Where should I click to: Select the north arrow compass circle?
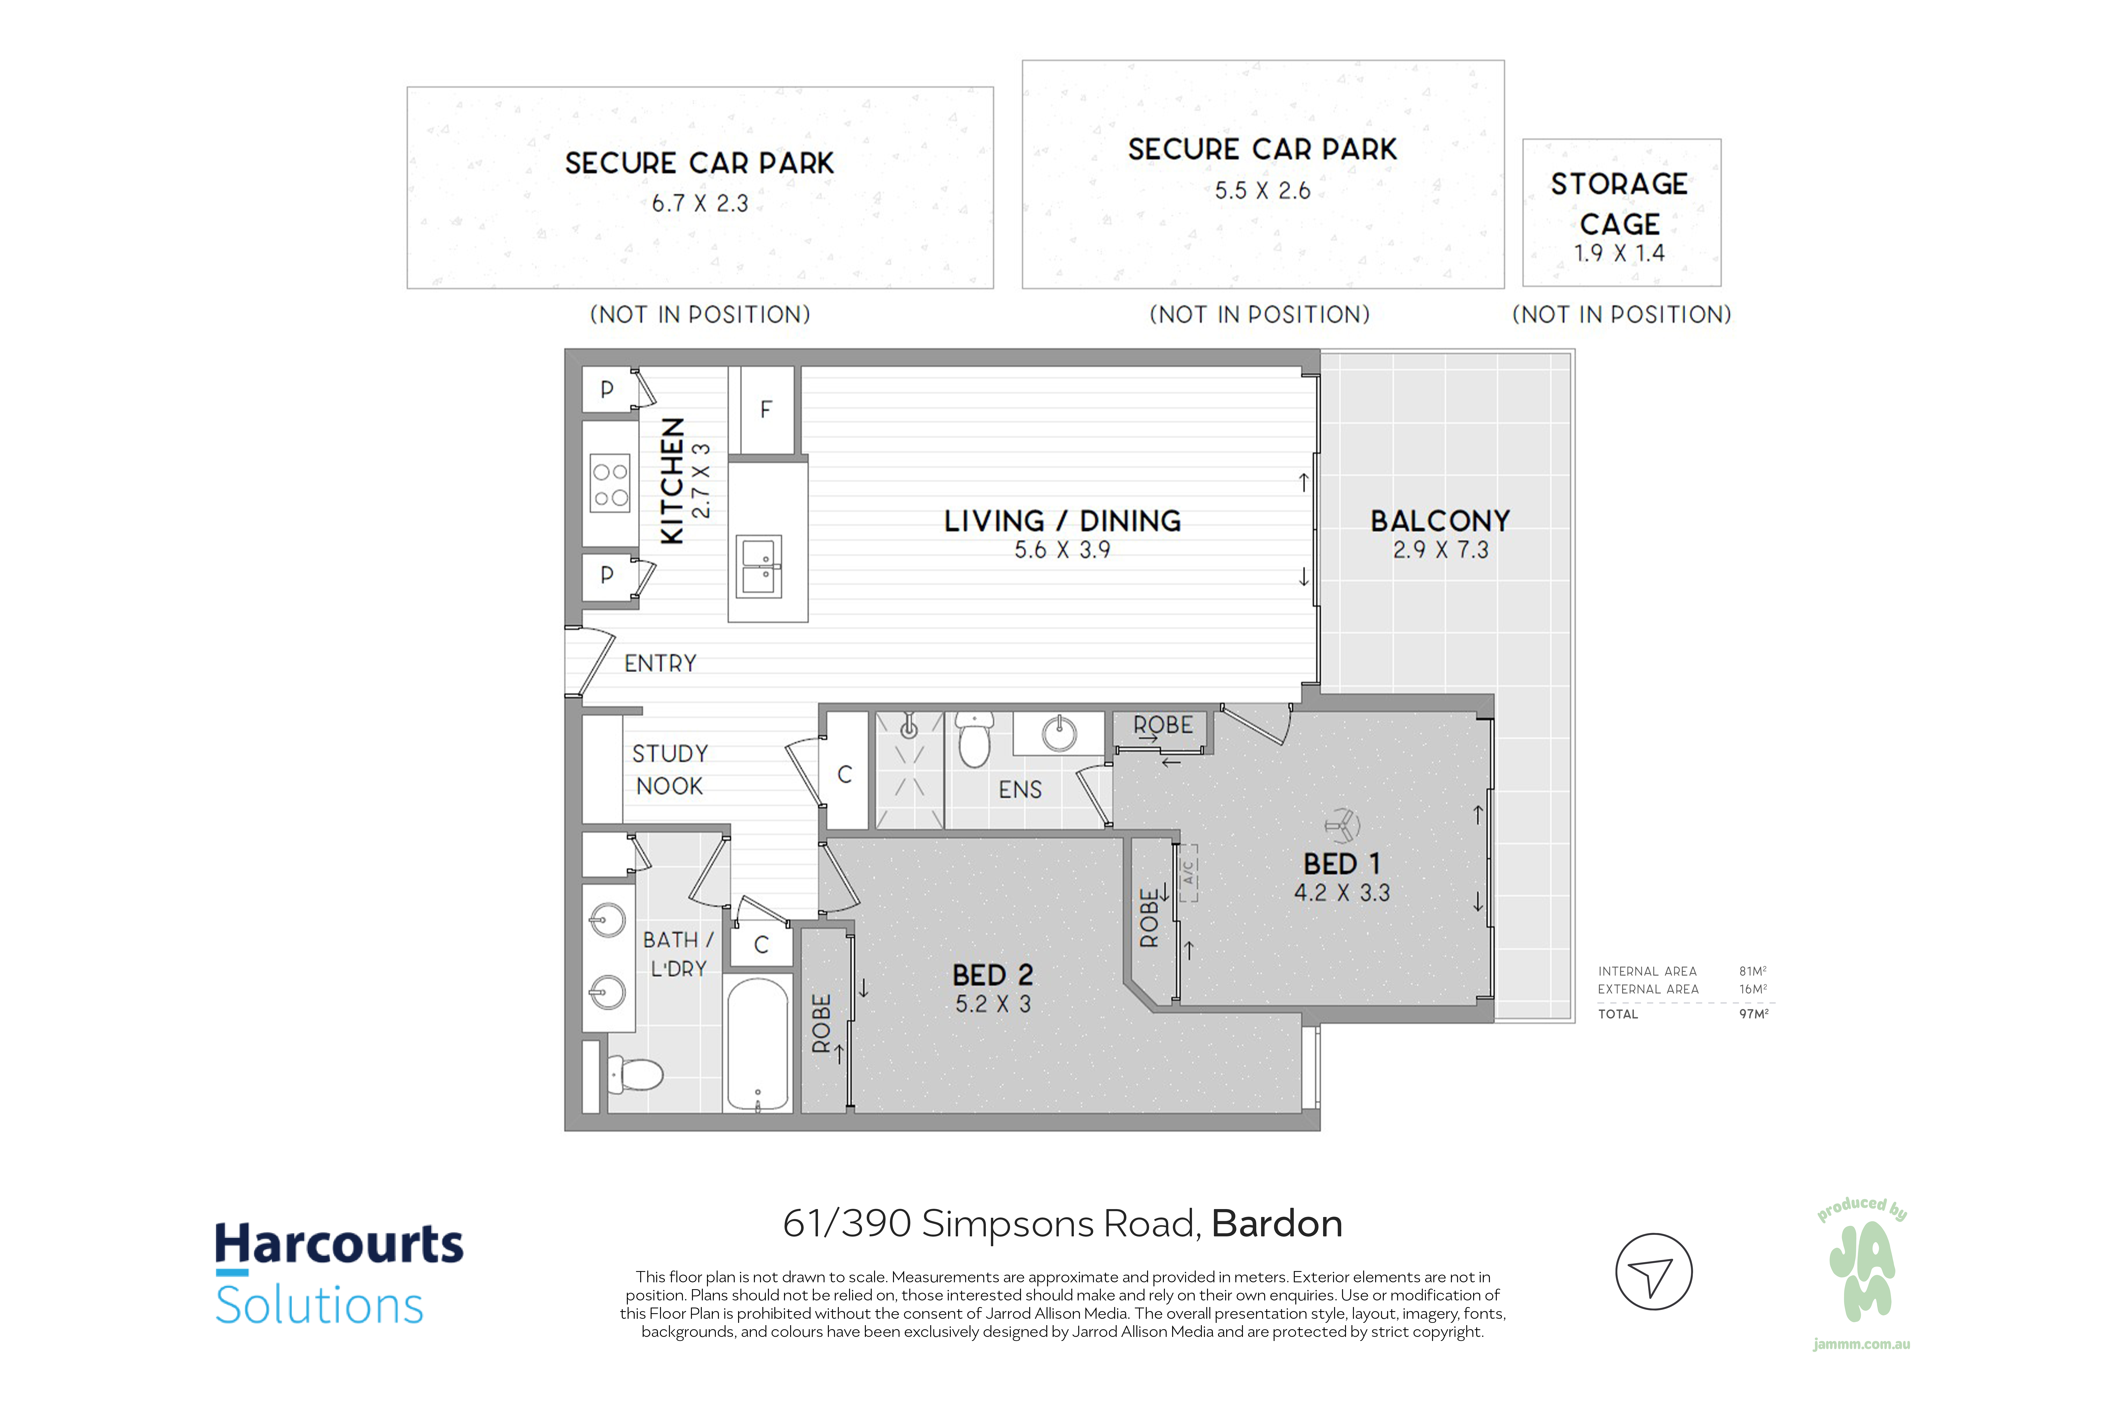point(1653,1272)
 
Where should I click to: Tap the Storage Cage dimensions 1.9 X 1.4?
point(1619,253)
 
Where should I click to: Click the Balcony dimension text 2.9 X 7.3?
point(1440,550)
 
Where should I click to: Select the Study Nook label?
point(669,770)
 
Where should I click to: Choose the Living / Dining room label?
point(1063,521)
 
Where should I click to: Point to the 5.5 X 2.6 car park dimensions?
point(1262,191)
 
